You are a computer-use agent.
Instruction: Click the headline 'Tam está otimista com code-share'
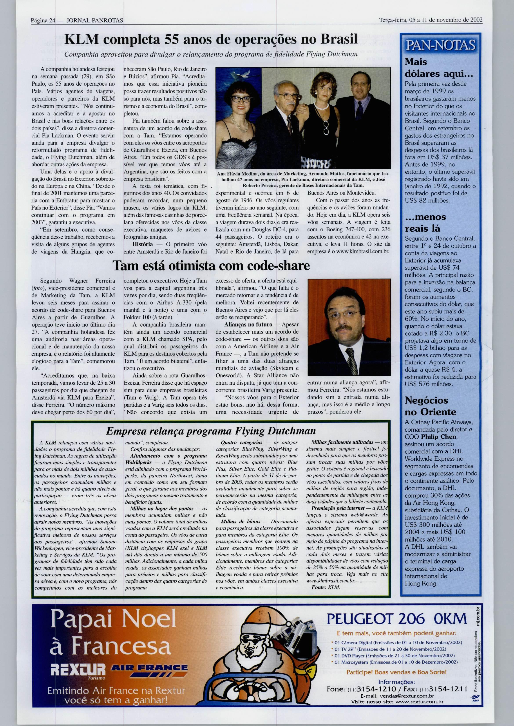212,266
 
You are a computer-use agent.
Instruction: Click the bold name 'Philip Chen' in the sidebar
439,437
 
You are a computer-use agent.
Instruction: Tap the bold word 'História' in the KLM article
142,244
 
